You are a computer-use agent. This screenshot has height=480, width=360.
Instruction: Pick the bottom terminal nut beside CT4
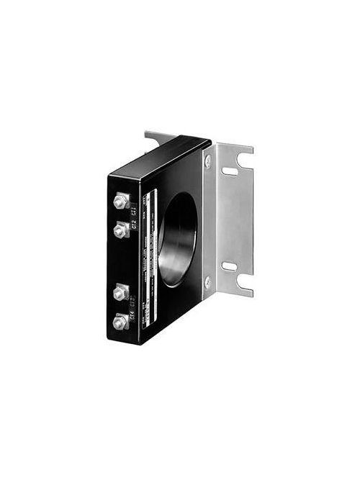click(x=120, y=322)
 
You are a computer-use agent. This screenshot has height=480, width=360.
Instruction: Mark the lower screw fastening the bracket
click(x=207, y=281)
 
